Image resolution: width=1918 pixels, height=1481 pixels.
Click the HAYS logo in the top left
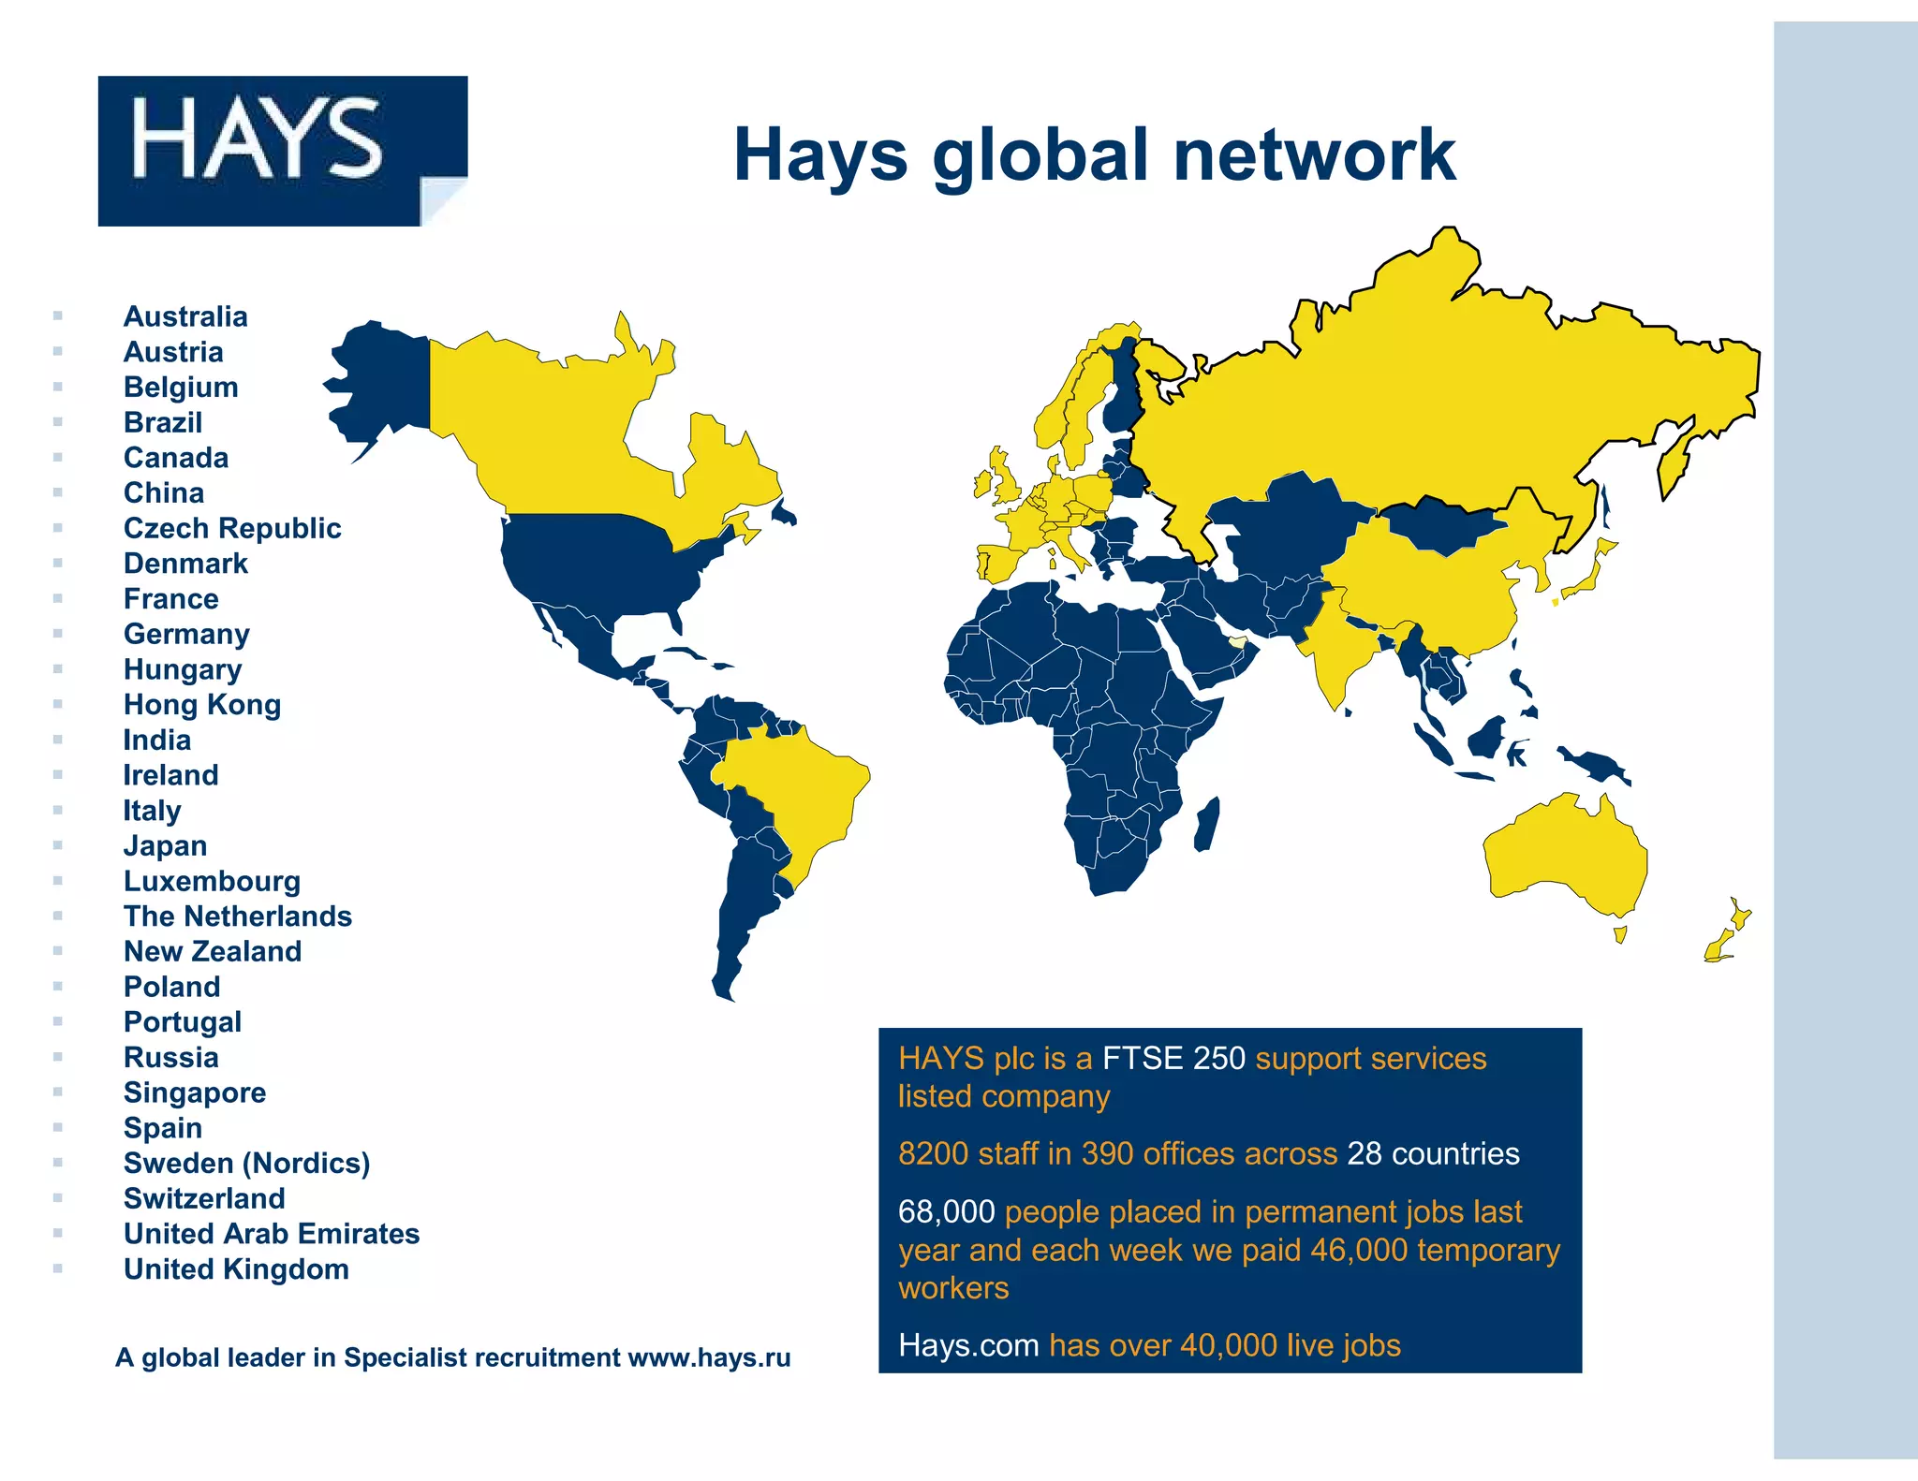coord(282,150)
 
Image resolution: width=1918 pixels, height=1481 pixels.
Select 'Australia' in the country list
coord(185,316)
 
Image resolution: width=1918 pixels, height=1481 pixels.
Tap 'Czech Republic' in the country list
coord(232,528)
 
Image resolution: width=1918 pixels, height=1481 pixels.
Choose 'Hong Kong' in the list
coord(202,704)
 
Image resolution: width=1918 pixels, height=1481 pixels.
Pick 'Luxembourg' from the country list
coord(213,881)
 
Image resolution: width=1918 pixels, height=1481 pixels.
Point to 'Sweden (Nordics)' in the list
coord(247,1163)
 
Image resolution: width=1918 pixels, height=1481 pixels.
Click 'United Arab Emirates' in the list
coord(272,1234)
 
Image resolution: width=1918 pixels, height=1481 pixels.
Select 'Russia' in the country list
coord(171,1057)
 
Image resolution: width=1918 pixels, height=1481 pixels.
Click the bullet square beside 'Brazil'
coord(58,422)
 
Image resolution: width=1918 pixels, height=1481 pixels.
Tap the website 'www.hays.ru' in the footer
coord(709,1357)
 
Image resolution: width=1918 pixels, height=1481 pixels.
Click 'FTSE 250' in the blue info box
coord(1173,1058)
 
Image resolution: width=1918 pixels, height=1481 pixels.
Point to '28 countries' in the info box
coord(1433,1153)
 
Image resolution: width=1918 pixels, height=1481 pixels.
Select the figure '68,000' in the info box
coord(946,1211)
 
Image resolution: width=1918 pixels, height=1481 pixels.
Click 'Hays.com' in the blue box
coord(968,1345)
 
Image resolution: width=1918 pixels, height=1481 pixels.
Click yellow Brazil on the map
coord(796,786)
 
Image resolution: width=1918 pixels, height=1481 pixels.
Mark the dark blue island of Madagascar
coord(1208,824)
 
